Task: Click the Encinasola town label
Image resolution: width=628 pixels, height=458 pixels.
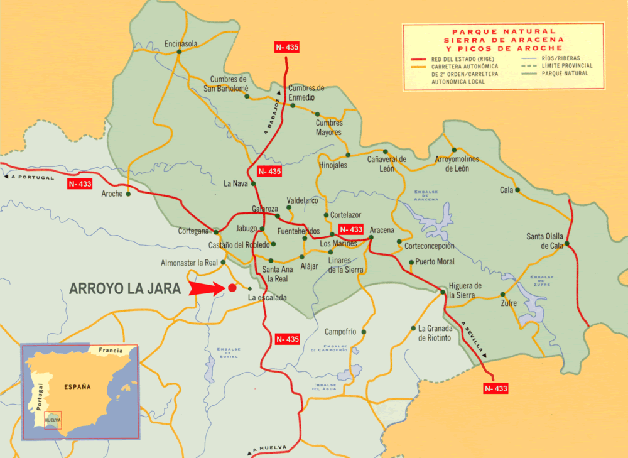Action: tap(180, 44)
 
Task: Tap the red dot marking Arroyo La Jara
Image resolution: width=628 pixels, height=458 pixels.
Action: tap(232, 288)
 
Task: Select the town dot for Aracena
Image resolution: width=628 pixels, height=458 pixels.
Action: tap(371, 237)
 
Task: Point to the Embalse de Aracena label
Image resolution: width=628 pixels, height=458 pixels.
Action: tap(425, 195)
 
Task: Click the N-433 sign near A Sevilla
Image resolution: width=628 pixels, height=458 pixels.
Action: tap(495, 388)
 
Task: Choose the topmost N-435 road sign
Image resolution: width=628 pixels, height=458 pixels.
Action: tap(287, 47)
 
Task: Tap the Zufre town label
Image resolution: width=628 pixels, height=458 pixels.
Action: tap(509, 303)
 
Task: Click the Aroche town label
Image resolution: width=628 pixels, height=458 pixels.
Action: tap(112, 194)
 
